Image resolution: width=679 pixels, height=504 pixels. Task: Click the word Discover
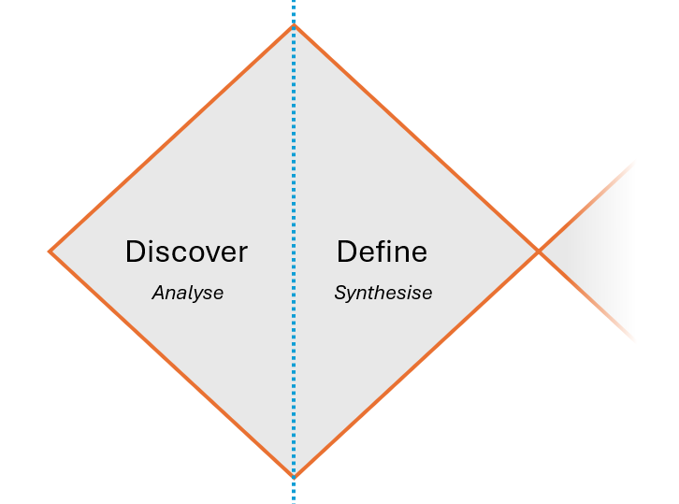(x=186, y=252)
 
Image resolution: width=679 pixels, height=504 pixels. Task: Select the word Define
(x=382, y=252)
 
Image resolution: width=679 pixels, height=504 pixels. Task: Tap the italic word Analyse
(x=187, y=293)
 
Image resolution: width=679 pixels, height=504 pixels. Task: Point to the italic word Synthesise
(x=383, y=293)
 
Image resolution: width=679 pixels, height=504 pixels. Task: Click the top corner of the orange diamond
(x=294, y=26)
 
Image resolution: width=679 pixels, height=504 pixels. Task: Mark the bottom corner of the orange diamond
(x=294, y=476)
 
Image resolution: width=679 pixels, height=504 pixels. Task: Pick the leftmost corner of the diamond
(x=51, y=251)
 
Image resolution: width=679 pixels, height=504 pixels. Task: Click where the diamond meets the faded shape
(x=539, y=251)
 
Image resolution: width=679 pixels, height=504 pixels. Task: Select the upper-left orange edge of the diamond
(x=172, y=138)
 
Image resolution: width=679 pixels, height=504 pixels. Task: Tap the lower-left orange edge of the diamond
(x=172, y=364)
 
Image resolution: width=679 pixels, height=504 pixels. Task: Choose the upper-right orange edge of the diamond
(x=416, y=138)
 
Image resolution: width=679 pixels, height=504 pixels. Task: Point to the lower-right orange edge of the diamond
(x=416, y=364)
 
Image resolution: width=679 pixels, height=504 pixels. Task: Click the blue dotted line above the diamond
(x=294, y=11)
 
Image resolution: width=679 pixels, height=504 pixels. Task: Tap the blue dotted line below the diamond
(x=294, y=491)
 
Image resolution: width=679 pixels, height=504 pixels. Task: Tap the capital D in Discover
(x=135, y=252)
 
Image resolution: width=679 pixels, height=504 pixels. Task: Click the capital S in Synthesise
(x=340, y=293)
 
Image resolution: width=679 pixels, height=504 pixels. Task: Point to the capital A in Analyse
(x=158, y=293)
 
